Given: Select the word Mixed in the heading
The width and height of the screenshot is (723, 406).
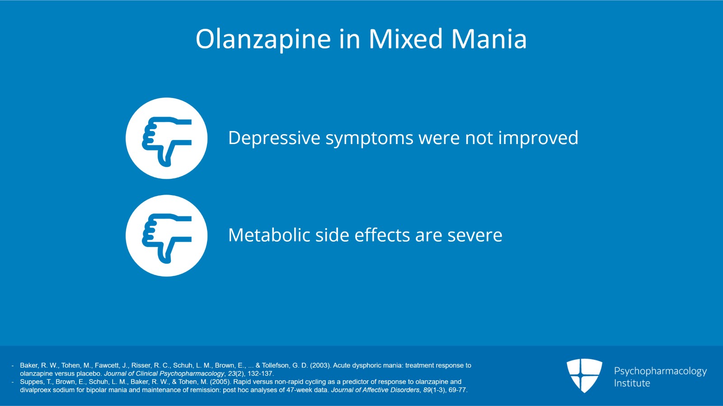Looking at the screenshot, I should pos(406,39).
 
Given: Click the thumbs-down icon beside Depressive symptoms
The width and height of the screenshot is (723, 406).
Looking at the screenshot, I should pos(166,138).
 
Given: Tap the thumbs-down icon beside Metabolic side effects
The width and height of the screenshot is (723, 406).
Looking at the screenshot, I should pos(166,236).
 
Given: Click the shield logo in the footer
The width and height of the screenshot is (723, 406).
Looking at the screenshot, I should pos(584,375).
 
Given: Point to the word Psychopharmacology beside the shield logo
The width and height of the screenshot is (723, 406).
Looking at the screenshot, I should pos(660,371).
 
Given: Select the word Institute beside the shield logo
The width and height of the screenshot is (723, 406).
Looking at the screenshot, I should pos(632,383).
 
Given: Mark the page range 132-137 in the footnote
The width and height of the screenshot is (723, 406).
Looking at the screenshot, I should pos(261,373).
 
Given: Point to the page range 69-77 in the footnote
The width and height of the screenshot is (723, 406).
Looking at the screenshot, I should pos(457,390).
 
